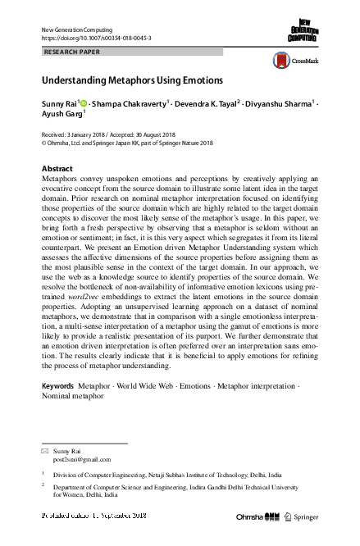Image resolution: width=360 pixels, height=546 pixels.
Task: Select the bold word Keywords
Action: point(57,384)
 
